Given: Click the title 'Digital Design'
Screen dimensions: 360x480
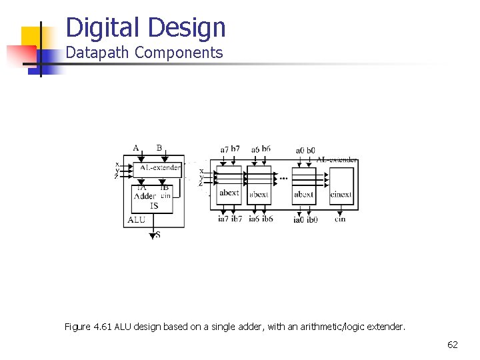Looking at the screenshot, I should click(146, 28).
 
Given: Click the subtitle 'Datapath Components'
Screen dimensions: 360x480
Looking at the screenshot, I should click(144, 53).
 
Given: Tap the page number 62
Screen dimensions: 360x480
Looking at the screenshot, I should click(453, 345).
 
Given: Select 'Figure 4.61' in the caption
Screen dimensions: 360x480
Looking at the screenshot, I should click(88, 327).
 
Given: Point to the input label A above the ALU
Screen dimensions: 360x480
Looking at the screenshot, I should click(136, 148).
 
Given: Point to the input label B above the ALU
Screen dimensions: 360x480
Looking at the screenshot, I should click(159, 148).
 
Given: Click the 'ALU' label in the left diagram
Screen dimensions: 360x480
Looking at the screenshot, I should click(136, 219).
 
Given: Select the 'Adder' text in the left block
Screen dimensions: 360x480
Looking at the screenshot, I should click(145, 196).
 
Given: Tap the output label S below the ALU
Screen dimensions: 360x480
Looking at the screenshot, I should click(157, 235).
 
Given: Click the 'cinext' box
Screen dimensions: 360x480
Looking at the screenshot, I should click(341, 186).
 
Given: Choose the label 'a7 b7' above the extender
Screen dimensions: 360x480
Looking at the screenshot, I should click(230, 149).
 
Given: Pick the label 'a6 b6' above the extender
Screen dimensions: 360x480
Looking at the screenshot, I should click(261, 149).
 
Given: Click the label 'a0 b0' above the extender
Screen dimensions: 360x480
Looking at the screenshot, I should click(305, 151).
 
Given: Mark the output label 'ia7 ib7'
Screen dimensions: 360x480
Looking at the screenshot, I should click(230, 219).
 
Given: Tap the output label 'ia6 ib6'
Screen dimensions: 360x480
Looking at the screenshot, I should click(261, 219).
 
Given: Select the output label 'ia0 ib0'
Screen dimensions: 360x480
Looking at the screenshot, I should click(305, 219).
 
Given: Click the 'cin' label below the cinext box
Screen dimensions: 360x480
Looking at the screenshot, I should click(340, 219).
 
